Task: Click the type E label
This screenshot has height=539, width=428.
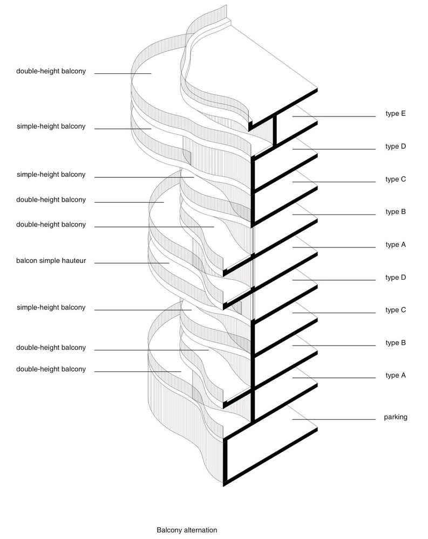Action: tap(396, 114)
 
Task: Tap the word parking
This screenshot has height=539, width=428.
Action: tap(396, 417)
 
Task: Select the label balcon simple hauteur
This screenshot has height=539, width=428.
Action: tap(51, 260)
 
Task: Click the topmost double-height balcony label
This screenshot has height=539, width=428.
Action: tap(51, 72)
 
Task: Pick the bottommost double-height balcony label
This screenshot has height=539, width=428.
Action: tap(51, 369)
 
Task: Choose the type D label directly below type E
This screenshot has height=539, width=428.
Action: tap(396, 147)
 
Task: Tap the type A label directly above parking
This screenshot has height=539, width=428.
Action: tap(396, 375)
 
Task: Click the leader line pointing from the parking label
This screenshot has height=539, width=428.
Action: tap(334, 419)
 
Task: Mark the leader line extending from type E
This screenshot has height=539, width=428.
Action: tap(334, 116)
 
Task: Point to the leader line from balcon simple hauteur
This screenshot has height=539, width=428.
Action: tap(132, 263)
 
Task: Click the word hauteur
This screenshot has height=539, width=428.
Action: tap(74, 260)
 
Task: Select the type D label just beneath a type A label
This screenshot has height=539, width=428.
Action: tap(396, 278)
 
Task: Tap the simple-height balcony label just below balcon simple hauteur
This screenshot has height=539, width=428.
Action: tap(51, 308)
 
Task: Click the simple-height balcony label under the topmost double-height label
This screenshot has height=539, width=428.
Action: tap(51, 127)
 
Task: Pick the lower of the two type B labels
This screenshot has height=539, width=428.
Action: tap(396, 343)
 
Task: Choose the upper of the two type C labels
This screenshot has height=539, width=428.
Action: tap(396, 179)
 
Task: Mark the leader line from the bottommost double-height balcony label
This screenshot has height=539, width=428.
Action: tap(138, 371)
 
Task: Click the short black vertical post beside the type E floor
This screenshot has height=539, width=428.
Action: tap(275, 130)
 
